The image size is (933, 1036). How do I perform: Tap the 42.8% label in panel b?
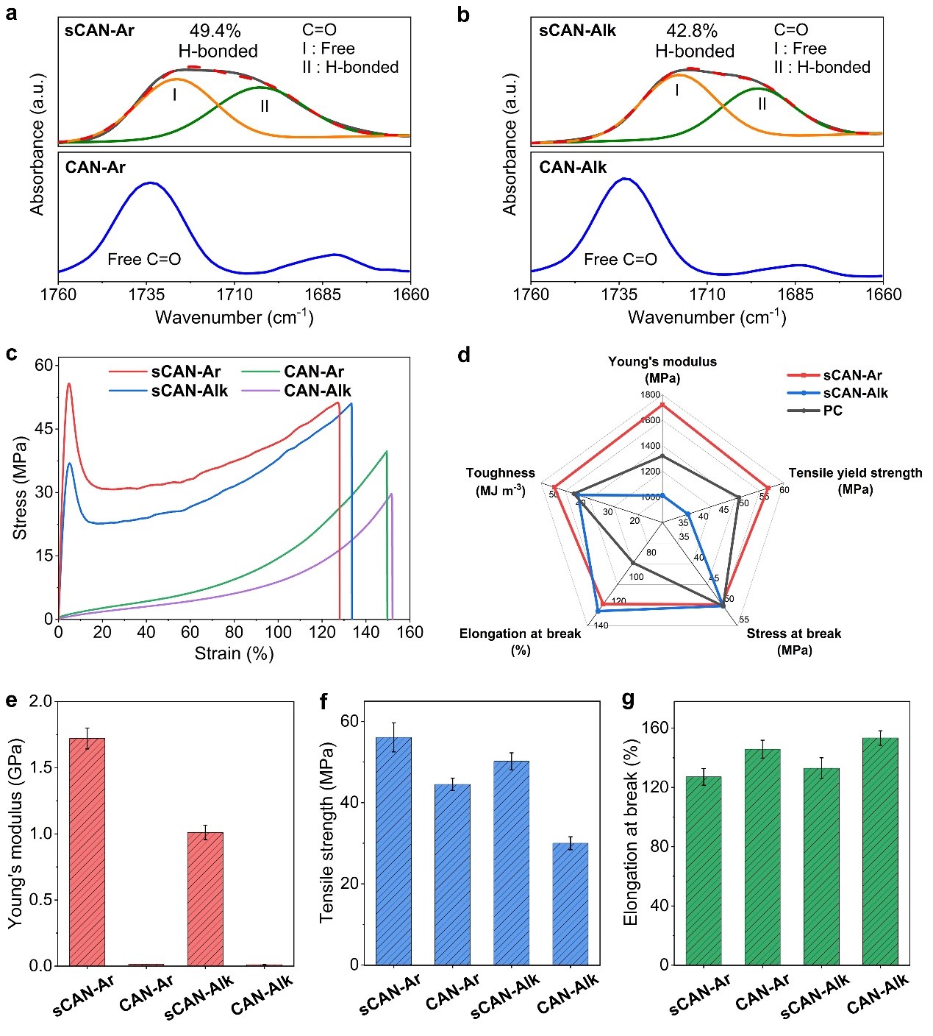pos(691,31)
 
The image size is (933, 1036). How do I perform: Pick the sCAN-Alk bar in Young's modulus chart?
pos(205,898)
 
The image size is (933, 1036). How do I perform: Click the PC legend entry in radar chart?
pos(832,411)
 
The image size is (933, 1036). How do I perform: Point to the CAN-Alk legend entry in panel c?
pos(317,391)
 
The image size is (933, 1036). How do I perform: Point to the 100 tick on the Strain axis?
pos(278,632)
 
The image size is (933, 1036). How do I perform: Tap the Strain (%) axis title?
pos(234,653)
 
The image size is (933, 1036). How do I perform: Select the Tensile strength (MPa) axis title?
pos(327,832)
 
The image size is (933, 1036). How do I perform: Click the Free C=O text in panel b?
pos(620,260)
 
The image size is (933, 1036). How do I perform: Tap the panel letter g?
pos(628,699)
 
